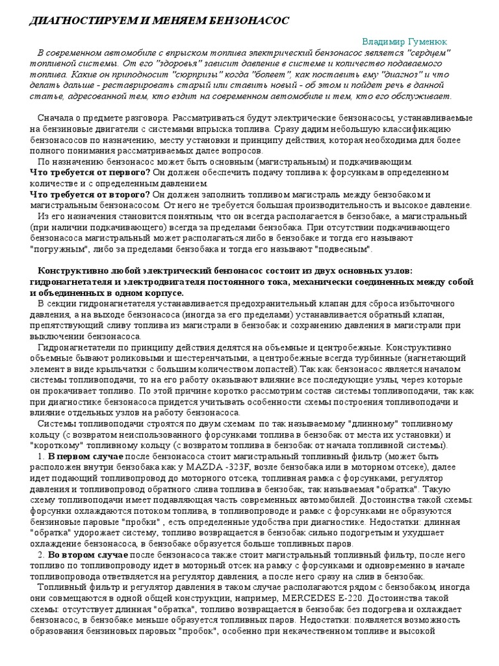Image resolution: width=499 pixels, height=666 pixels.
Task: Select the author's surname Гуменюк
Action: [x=429, y=40]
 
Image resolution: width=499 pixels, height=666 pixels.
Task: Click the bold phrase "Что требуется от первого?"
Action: [x=90, y=172]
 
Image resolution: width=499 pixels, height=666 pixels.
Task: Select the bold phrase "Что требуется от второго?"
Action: [x=90, y=194]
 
